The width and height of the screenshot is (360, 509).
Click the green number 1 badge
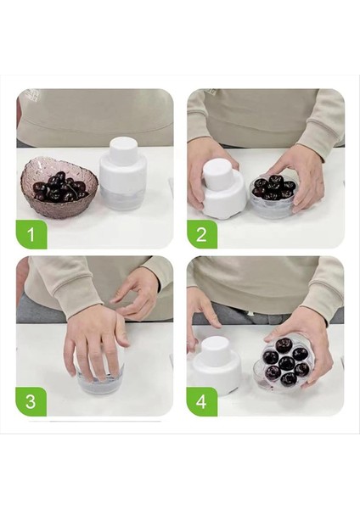(31, 233)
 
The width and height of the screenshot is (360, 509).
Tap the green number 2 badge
(202, 233)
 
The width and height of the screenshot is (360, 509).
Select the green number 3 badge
(31, 401)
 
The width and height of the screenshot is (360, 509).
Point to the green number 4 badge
(202, 401)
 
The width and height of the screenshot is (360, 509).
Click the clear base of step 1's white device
(124, 198)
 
